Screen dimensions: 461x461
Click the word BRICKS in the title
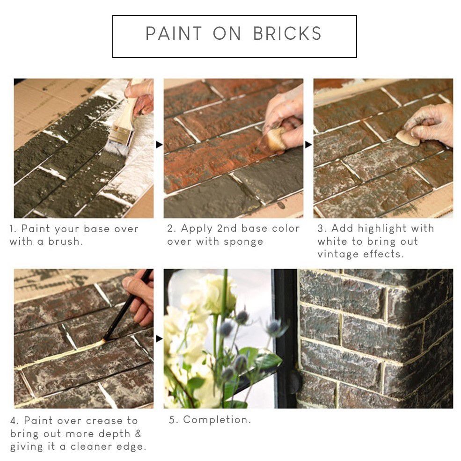click(287, 33)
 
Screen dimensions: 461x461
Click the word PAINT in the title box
click(174, 33)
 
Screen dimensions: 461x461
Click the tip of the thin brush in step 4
click(103, 341)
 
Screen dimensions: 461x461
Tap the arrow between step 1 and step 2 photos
click(159, 145)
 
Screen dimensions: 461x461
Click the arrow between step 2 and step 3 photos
click(308, 145)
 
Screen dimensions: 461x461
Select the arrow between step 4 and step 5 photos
click(159, 339)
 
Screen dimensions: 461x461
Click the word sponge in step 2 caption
click(243, 242)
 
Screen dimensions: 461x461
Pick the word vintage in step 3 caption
click(338, 254)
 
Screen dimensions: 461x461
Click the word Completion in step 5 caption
click(217, 419)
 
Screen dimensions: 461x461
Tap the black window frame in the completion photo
click(285, 338)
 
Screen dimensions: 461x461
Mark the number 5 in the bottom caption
click(172, 420)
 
